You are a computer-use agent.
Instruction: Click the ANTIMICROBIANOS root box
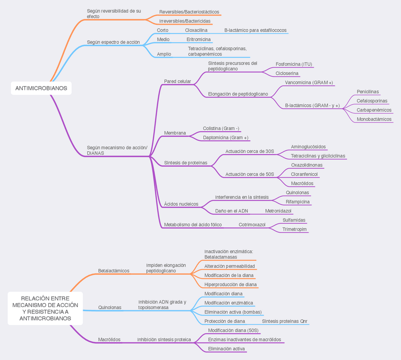pos(41,88)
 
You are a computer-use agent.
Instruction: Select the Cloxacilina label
pos(196,30)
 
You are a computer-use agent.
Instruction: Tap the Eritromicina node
pos(199,39)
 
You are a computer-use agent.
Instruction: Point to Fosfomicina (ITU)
pos(294,64)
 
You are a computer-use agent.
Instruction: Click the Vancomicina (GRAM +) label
pos(309,82)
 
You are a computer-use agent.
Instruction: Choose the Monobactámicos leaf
pos(374,119)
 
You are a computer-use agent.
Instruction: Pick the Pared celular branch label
pos(177,81)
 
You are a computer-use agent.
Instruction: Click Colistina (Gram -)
pos(221,128)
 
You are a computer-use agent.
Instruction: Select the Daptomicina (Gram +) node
pos(226,138)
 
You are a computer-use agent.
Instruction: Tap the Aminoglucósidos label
pos(308,147)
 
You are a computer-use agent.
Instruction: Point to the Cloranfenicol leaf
pos(304,174)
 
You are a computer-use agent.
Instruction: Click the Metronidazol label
pos(278,211)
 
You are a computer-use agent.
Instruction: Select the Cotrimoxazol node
pos(252,224)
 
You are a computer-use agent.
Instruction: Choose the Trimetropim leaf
pos(295,229)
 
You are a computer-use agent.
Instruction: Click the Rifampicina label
pos(298,202)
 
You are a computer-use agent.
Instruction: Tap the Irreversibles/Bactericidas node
pos(185,21)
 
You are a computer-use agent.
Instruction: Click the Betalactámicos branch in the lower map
pos(113,271)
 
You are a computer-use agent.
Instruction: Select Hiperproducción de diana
pos(230,285)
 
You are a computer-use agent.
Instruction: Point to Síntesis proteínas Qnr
pos(285,321)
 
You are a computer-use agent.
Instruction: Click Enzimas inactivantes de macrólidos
pos(244,339)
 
